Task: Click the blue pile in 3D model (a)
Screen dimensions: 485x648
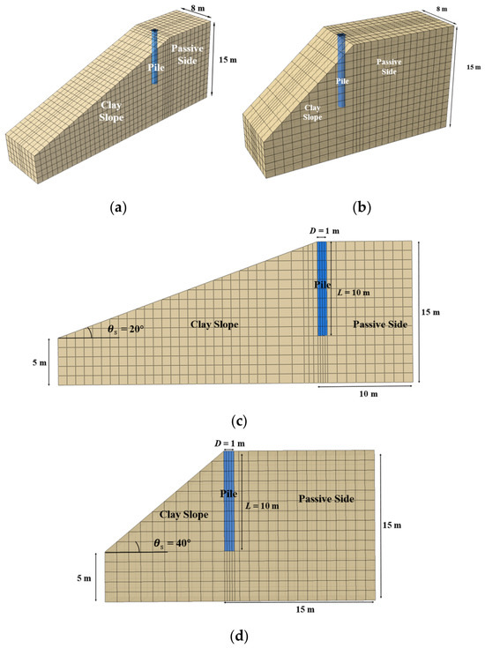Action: (154, 57)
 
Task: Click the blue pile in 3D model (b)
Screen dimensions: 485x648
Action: (341, 71)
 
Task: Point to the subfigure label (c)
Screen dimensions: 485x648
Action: (239, 421)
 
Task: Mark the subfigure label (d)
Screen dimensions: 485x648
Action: (239, 636)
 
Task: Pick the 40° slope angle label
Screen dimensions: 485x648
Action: (172, 543)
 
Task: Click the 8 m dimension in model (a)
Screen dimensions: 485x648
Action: (197, 8)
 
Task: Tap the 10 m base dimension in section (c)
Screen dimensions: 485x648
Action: (368, 394)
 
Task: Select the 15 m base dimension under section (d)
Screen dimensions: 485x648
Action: (305, 609)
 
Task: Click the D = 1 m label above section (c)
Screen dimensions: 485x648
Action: (325, 231)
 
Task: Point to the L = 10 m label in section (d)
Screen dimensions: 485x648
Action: (262, 506)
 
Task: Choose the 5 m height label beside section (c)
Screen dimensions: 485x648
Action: (40, 362)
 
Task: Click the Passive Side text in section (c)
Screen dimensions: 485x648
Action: (380, 324)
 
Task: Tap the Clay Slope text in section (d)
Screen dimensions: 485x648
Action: (184, 515)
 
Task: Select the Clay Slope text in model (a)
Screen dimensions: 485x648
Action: (111, 111)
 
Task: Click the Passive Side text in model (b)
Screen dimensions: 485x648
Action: (389, 66)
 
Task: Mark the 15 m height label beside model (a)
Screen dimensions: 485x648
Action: (228, 60)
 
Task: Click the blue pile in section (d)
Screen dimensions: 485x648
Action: (229, 501)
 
